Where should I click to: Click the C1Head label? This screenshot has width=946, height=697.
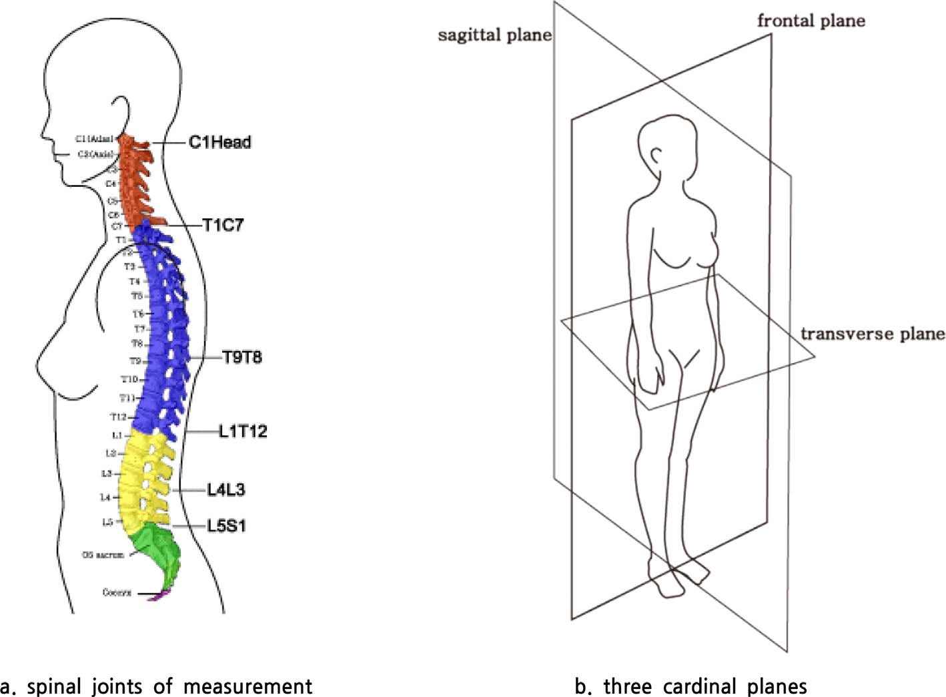point(219,142)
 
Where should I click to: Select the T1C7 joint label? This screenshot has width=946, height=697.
point(223,225)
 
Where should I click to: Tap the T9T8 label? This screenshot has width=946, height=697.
point(242,357)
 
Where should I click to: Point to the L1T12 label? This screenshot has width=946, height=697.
point(243,431)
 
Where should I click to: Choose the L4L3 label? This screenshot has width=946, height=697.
point(225,490)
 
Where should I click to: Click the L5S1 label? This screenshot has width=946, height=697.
point(226,525)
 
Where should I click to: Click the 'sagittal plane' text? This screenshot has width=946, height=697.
point(494,35)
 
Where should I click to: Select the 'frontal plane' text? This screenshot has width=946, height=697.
point(811,21)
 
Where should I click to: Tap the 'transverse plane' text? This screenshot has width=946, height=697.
point(872,333)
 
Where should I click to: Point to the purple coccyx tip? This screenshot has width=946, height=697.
point(159,596)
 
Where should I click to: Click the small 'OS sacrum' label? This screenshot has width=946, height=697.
point(103,555)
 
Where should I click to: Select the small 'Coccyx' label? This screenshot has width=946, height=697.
point(117,592)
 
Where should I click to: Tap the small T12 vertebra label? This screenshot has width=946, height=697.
point(118,417)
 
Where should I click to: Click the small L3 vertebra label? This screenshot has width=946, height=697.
point(106,473)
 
